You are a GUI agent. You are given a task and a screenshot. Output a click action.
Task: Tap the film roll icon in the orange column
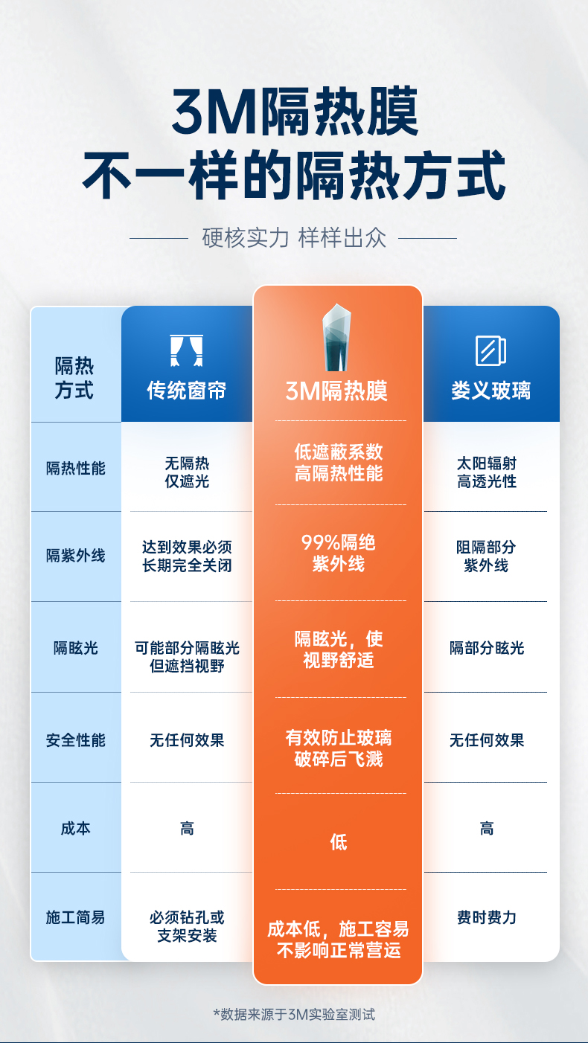pos(336,339)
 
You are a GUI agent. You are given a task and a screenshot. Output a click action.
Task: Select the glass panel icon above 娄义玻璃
pos(490,350)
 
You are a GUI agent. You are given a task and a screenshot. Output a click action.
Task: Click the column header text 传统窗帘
pos(187,391)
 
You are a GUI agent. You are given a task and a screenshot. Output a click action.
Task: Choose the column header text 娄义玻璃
pos(490,391)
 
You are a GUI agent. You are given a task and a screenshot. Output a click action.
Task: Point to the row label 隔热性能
pos(76,468)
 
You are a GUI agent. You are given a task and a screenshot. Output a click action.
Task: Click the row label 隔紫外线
pos(76,556)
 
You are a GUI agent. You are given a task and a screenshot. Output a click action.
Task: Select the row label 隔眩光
pos(76,648)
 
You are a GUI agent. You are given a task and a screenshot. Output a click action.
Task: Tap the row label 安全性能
pos(76,740)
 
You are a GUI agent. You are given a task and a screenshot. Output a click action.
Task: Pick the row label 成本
pos(76,828)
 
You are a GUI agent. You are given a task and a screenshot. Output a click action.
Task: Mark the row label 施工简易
pos(76,917)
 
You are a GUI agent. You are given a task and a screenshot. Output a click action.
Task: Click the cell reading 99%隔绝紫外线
pos(339,553)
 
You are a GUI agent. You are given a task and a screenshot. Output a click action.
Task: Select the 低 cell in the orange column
pos(339,842)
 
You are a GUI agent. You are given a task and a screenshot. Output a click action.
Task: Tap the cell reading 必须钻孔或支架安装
pos(187,926)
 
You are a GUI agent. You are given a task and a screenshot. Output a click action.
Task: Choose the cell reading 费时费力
pos(487,917)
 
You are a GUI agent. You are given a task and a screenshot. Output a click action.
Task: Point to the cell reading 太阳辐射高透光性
pos(487,472)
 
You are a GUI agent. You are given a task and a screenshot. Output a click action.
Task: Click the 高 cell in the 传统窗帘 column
pos(187,828)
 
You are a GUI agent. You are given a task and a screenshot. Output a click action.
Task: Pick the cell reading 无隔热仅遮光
pos(187,472)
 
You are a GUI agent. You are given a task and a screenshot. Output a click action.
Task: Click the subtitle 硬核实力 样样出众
pos(294,239)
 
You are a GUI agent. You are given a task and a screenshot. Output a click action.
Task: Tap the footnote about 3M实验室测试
pos(294,1013)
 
